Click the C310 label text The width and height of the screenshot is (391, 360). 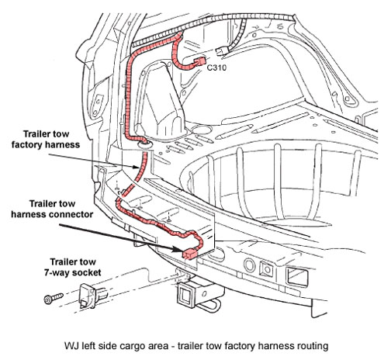click(216, 67)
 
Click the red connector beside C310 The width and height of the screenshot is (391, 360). click(199, 62)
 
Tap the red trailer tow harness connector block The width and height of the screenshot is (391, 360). click(190, 254)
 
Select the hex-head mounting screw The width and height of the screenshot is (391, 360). click(54, 298)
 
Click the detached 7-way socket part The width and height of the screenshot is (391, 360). click(92, 296)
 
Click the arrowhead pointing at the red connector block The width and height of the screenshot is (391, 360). click(179, 249)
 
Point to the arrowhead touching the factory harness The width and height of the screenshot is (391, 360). click(137, 167)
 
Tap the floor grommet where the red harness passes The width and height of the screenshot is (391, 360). click(144, 144)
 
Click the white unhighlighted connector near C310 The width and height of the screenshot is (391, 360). click(220, 51)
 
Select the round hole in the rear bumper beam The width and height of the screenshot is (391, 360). click(250, 265)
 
